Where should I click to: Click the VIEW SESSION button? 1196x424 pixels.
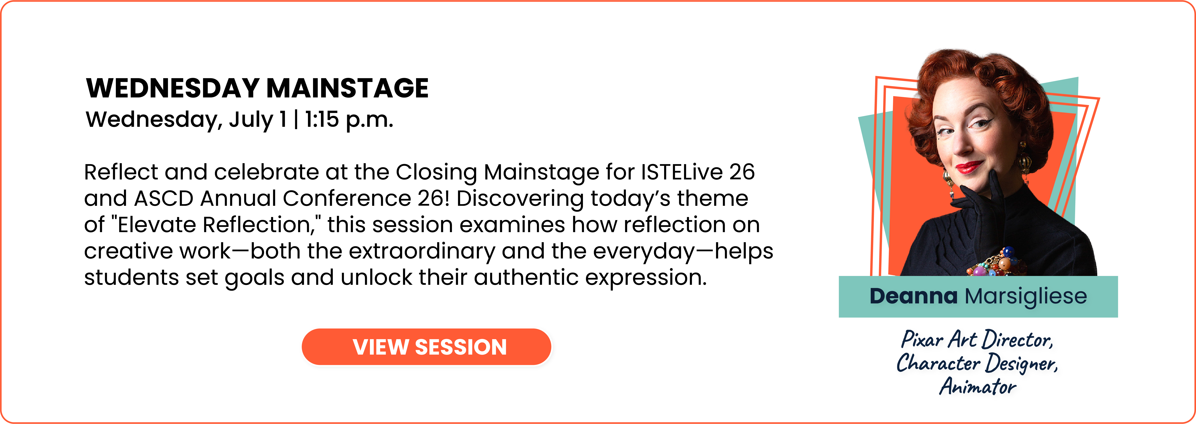[x=426, y=347]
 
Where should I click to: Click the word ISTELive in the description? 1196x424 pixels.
[x=682, y=172]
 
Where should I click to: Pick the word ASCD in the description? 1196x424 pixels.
[x=163, y=198]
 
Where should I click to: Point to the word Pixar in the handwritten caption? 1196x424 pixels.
[x=922, y=340]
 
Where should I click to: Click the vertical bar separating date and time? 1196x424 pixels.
[x=296, y=120]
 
